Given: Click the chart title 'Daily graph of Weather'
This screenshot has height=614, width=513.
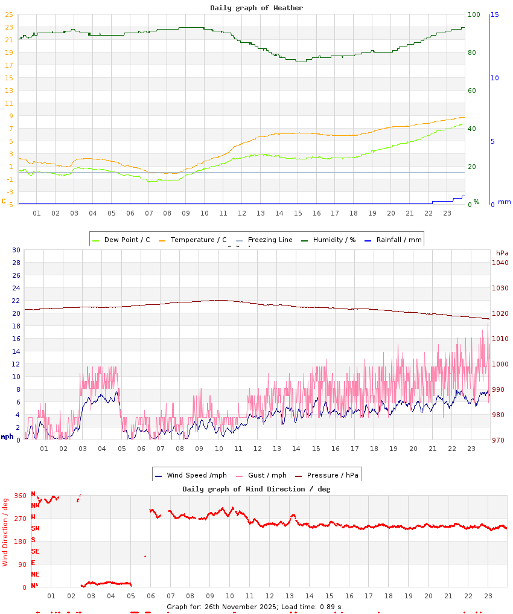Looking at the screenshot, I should tap(256, 8).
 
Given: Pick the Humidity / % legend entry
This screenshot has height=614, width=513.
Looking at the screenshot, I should tap(328, 240).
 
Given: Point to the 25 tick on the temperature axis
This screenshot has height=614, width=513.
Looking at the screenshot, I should tap(8, 14).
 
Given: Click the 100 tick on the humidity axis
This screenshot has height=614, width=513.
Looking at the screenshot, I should tap(474, 14).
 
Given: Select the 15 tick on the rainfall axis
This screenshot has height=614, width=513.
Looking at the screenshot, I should tap(494, 14).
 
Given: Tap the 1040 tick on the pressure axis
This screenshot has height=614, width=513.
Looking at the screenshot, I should tap(500, 263).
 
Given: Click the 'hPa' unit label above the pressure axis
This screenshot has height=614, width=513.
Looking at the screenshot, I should tap(502, 252).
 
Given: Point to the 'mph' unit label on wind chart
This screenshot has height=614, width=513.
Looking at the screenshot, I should tap(7, 437).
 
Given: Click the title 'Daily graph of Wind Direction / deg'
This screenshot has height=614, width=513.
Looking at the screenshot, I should tap(256, 489).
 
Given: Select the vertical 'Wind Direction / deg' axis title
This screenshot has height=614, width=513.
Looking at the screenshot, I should tap(5, 531).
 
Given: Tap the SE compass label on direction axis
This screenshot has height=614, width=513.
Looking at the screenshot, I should tap(35, 551).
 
